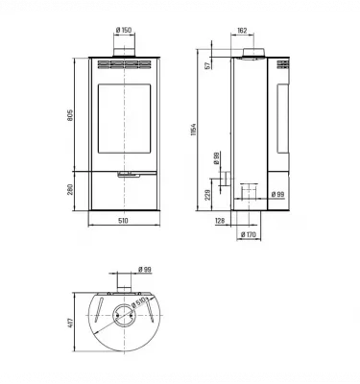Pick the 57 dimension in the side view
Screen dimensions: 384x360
[x=205, y=65]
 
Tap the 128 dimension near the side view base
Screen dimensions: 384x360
[x=220, y=220]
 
